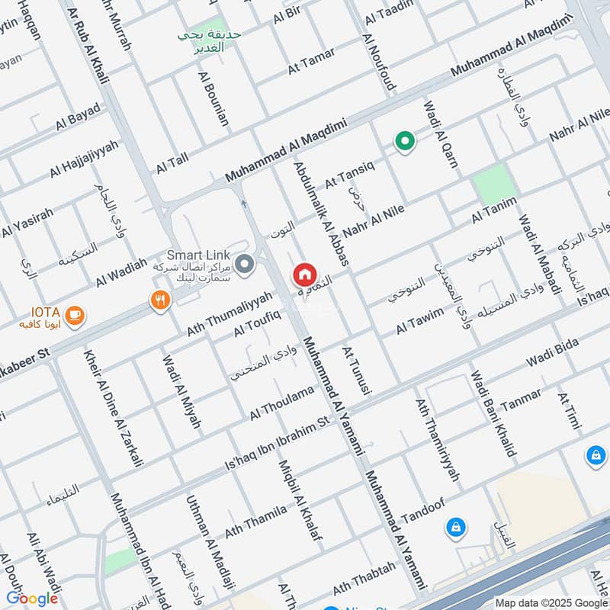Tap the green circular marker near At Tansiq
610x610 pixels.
403,141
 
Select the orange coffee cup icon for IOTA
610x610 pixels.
75,314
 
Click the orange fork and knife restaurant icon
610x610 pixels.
159,300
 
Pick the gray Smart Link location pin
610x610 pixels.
244,265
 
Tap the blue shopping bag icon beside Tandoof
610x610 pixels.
455,526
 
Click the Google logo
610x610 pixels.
32,599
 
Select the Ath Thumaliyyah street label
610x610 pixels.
230,313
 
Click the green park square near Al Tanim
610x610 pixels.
491,184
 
